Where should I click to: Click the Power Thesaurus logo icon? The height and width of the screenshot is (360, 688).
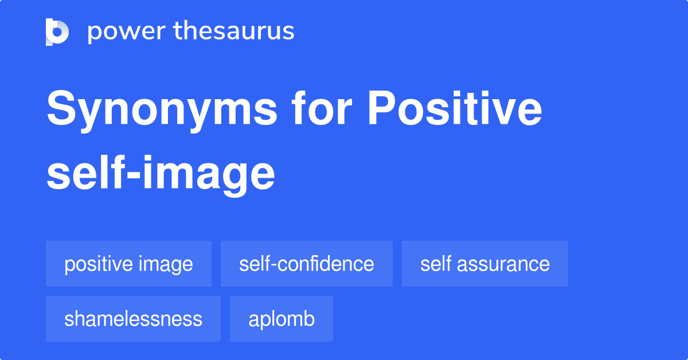pos(57,32)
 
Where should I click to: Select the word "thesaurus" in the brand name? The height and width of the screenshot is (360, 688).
pos(234,32)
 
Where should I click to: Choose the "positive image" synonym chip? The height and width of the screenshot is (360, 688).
pos(128,264)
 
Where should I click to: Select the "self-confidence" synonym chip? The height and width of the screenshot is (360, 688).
pos(307,264)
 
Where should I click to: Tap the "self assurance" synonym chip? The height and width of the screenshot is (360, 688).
pos(485,264)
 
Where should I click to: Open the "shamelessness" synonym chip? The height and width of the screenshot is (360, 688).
pos(133,319)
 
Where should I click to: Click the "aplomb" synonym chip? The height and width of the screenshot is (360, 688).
pos(282,319)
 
